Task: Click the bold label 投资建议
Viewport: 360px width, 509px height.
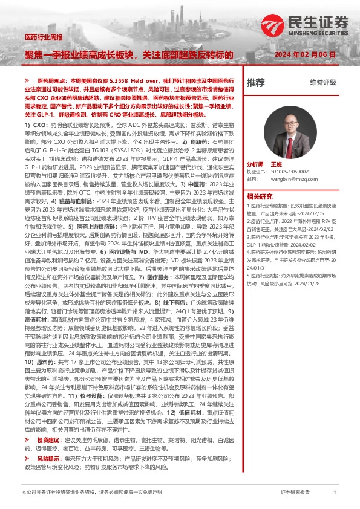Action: [49, 439]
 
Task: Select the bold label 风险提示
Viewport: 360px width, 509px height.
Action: [49, 459]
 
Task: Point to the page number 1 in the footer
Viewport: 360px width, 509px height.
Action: [335, 493]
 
